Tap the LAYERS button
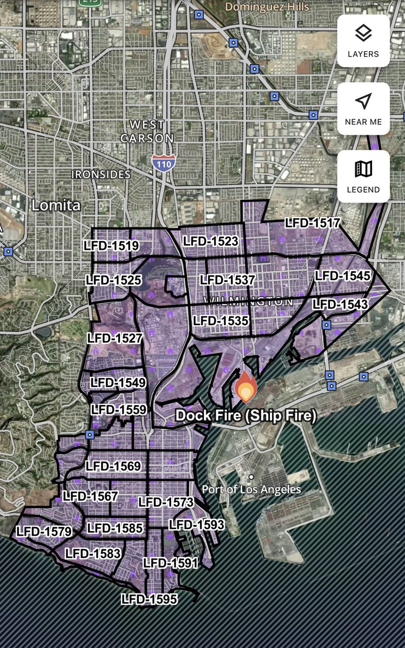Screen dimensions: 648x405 (363, 41)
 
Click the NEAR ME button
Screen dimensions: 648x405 (363, 109)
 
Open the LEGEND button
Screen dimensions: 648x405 (363, 177)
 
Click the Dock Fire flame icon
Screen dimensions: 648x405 (246, 386)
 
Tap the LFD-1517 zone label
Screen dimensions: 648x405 (313, 223)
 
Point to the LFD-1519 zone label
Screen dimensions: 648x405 (111, 246)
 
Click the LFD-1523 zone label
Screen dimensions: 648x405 (211, 241)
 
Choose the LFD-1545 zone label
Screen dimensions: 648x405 (343, 276)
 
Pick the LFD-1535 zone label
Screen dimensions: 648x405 (221, 321)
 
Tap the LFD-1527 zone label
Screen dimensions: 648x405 (114, 339)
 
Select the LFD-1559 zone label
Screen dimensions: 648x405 (119, 409)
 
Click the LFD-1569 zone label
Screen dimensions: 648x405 (113, 466)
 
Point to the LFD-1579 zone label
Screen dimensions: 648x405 (44, 531)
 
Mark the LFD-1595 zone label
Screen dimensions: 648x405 (149, 599)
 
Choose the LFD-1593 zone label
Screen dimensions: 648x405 (197, 524)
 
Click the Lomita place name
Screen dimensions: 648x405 (56, 205)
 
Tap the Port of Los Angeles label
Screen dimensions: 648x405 (252, 489)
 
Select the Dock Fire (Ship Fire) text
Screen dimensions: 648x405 (246, 416)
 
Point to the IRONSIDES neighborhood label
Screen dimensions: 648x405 (102, 174)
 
